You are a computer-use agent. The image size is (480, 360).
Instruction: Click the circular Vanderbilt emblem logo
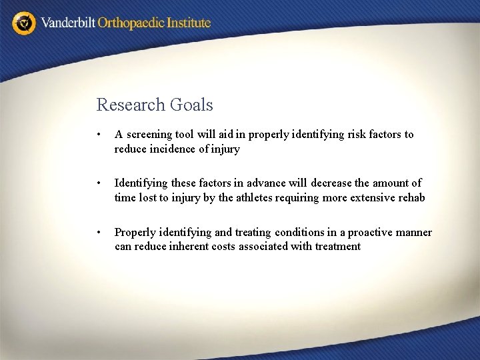pyautogui.click(x=24, y=23)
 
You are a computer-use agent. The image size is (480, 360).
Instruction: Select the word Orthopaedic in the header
pyautogui.click(x=131, y=23)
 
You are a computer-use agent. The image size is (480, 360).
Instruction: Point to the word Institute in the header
pyautogui.click(x=189, y=23)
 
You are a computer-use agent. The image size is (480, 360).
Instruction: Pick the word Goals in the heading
pyautogui.click(x=191, y=105)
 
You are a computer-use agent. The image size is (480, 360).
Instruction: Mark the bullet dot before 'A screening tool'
pyautogui.click(x=99, y=135)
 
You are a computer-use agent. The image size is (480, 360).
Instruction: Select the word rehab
pyautogui.click(x=411, y=197)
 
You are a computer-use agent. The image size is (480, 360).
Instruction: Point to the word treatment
pyautogui.click(x=336, y=247)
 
